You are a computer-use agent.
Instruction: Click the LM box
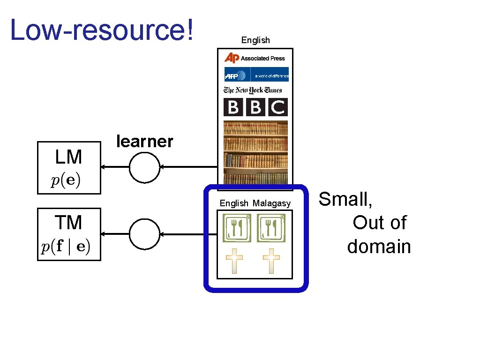pyautogui.click(x=69, y=167)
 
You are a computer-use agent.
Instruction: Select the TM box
pyautogui.click(x=69, y=234)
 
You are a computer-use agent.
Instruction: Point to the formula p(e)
pyautogui.click(x=66, y=181)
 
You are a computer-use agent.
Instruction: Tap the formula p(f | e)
pyautogui.click(x=66, y=247)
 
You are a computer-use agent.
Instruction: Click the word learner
pyautogui.click(x=145, y=141)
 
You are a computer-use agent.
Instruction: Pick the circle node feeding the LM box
pyautogui.click(x=144, y=167)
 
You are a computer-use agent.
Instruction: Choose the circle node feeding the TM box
pyautogui.click(x=144, y=234)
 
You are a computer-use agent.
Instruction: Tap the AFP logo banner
pyautogui.click(x=256, y=75)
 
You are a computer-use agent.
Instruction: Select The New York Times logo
pyautogui.click(x=253, y=90)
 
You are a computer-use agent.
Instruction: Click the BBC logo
pyautogui.click(x=255, y=107)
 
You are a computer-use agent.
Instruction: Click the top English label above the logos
pyautogui.click(x=255, y=40)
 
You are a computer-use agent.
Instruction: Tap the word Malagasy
pyautogui.click(x=272, y=203)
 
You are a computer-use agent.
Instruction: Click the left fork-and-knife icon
pyautogui.click(x=237, y=228)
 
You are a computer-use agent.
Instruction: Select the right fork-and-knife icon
pyautogui.click(x=271, y=228)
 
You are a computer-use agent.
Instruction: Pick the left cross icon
pyautogui.click(x=234, y=261)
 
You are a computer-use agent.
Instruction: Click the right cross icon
pyautogui.click(x=271, y=261)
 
